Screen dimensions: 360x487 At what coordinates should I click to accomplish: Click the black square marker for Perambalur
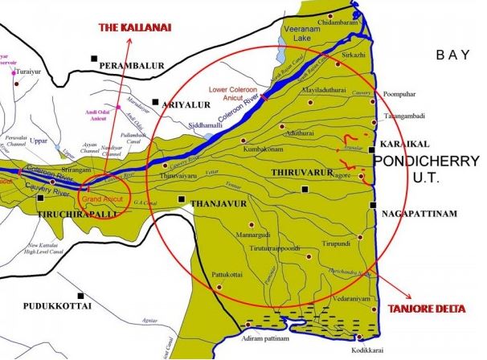[x=94, y=58]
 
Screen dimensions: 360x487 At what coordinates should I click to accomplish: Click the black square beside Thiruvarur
[x=304, y=189]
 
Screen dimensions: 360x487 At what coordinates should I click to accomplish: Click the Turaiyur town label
[x=30, y=60]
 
